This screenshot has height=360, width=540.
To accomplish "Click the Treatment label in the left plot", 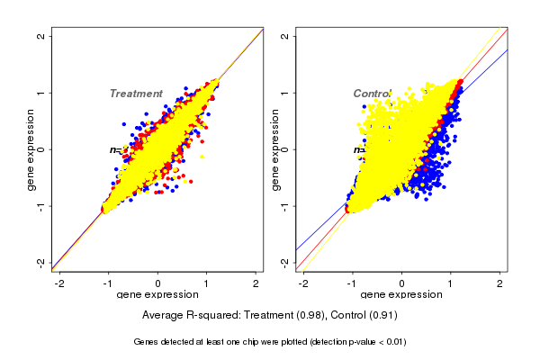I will click(x=136, y=94).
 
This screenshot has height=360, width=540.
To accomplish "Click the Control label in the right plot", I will click(x=372, y=94).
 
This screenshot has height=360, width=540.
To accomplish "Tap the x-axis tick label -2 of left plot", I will click(x=60, y=283).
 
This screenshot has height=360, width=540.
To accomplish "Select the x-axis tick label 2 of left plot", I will click(x=256, y=283).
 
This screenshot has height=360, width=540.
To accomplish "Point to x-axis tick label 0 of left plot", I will click(x=158, y=283).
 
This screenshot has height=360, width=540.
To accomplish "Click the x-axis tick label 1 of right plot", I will click(x=451, y=283).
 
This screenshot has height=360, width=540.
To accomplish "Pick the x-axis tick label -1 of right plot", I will click(x=352, y=283).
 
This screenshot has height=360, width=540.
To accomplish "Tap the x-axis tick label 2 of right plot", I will click(x=500, y=283).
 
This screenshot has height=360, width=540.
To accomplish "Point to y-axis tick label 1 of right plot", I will click(x=285, y=93).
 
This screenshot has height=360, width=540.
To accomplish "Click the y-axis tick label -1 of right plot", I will click(x=285, y=205).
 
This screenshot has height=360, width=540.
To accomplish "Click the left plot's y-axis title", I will click(x=31, y=149).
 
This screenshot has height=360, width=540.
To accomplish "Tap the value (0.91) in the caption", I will click(x=382, y=316).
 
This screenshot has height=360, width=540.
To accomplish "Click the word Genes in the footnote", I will click(x=146, y=342).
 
